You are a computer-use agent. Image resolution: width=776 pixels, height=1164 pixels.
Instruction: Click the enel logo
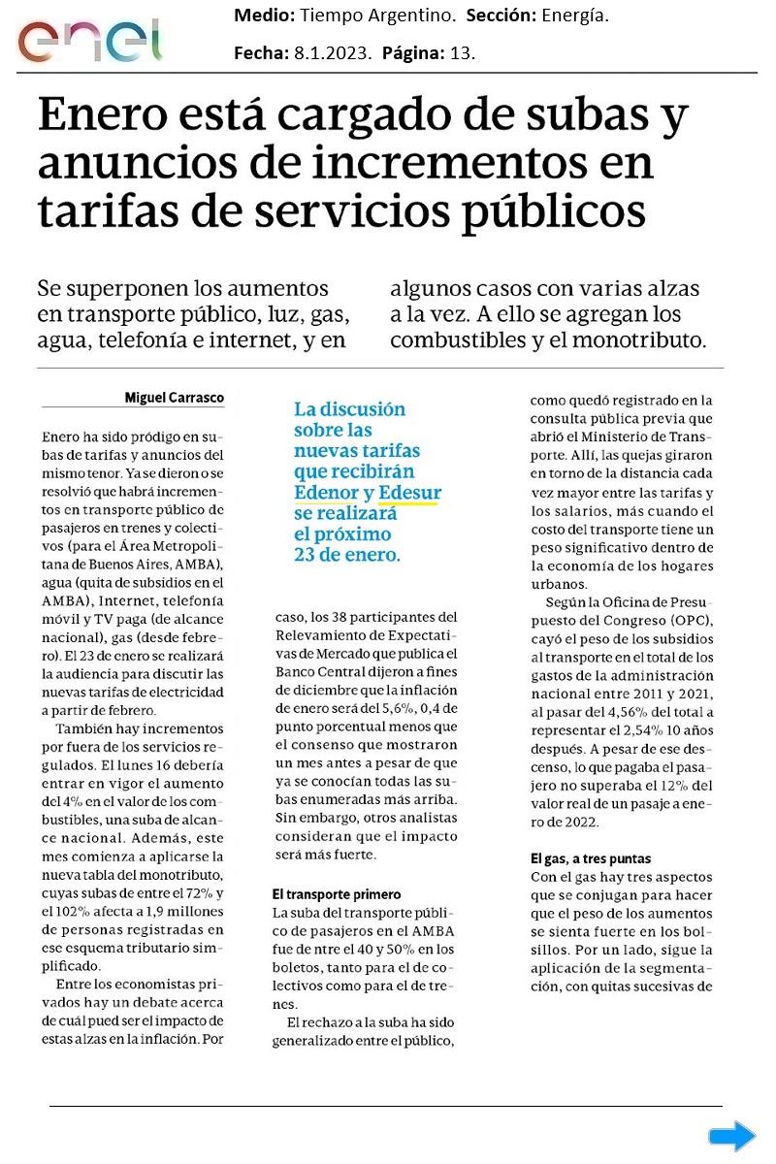[89, 40]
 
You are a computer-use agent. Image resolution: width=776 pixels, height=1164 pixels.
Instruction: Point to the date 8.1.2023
[333, 53]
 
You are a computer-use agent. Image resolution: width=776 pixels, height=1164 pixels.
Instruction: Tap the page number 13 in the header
[462, 53]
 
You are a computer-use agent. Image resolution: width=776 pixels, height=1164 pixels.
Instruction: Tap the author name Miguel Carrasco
[175, 398]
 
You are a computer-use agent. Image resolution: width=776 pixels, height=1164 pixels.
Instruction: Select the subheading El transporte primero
[336, 894]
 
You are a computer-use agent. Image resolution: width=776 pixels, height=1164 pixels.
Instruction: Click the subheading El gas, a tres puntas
[591, 858]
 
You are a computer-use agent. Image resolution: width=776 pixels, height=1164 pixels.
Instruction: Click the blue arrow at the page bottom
[731, 1136]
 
